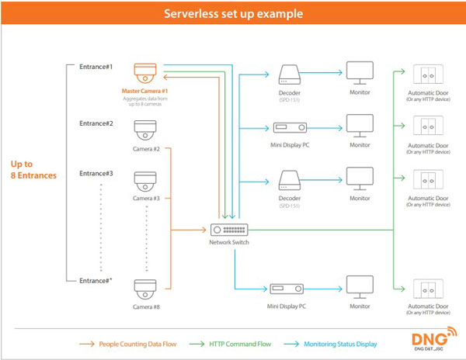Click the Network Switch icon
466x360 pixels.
(x=229, y=230)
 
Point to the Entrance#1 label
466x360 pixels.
(x=96, y=67)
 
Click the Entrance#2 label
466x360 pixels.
(x=96, y=124)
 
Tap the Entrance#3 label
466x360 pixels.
(x=96, y=175)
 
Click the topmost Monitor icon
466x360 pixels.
(x=360, y=74)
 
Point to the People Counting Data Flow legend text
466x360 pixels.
(x=137, y=342)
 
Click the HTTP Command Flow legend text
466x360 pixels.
(x=238, y=342)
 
